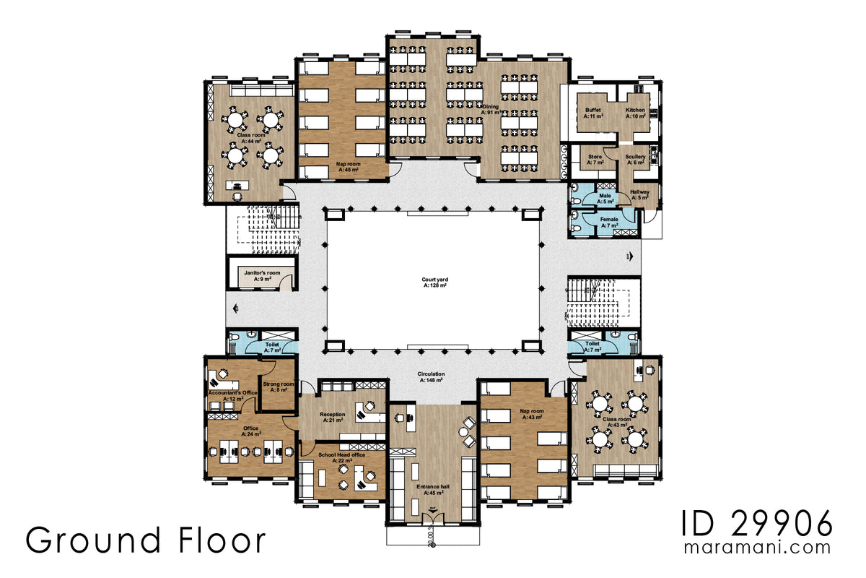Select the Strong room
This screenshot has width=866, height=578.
click(278, 386)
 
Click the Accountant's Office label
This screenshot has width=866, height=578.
click(232, 395)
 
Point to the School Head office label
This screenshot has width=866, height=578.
click(341, 457)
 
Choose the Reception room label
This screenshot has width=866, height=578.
click(333, 417)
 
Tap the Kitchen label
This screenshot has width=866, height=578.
click(635, 113)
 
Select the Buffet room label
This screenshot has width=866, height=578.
click(593, 113)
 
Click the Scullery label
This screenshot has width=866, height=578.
click(635, 159)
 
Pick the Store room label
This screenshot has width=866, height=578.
click(595, 159)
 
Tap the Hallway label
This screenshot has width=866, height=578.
click(640, 194)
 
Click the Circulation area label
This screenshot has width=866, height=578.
click(432, 376)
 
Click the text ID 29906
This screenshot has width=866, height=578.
click(756, 522)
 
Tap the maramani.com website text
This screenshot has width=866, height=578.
click(758, 548)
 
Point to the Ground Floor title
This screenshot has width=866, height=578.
click(146, 540)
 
